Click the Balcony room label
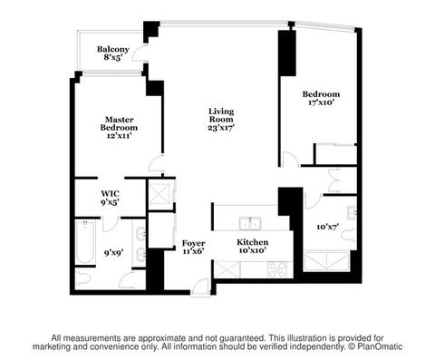tap(113, 53)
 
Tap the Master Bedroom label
tap(119, 128)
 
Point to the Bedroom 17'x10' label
tap(321, 98)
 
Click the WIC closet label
tap(111, 197)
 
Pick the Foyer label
tap(193, 248)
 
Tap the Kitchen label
tap(251, 247)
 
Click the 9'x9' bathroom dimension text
tap(114, 253)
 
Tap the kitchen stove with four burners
tap(276, 268)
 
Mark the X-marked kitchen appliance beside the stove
tap(227, 269)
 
